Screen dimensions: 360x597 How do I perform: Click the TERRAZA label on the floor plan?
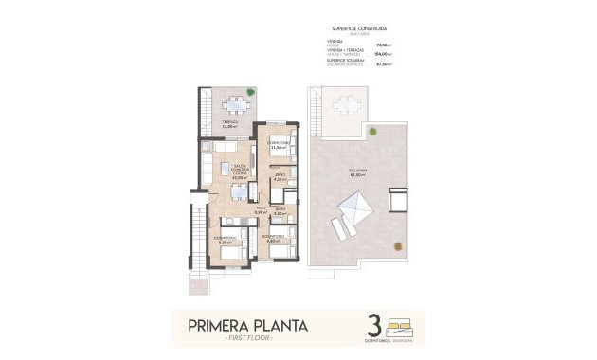click(229, 123)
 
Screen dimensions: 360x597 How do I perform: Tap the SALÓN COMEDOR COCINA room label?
click(241, 171)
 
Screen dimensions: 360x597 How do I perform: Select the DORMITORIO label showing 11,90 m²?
click(278, 144)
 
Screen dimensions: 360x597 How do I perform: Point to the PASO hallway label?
click(261, 210)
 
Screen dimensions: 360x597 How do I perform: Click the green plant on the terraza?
click(251, 93)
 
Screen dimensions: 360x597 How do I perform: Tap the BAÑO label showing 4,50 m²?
click(280, 177)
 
